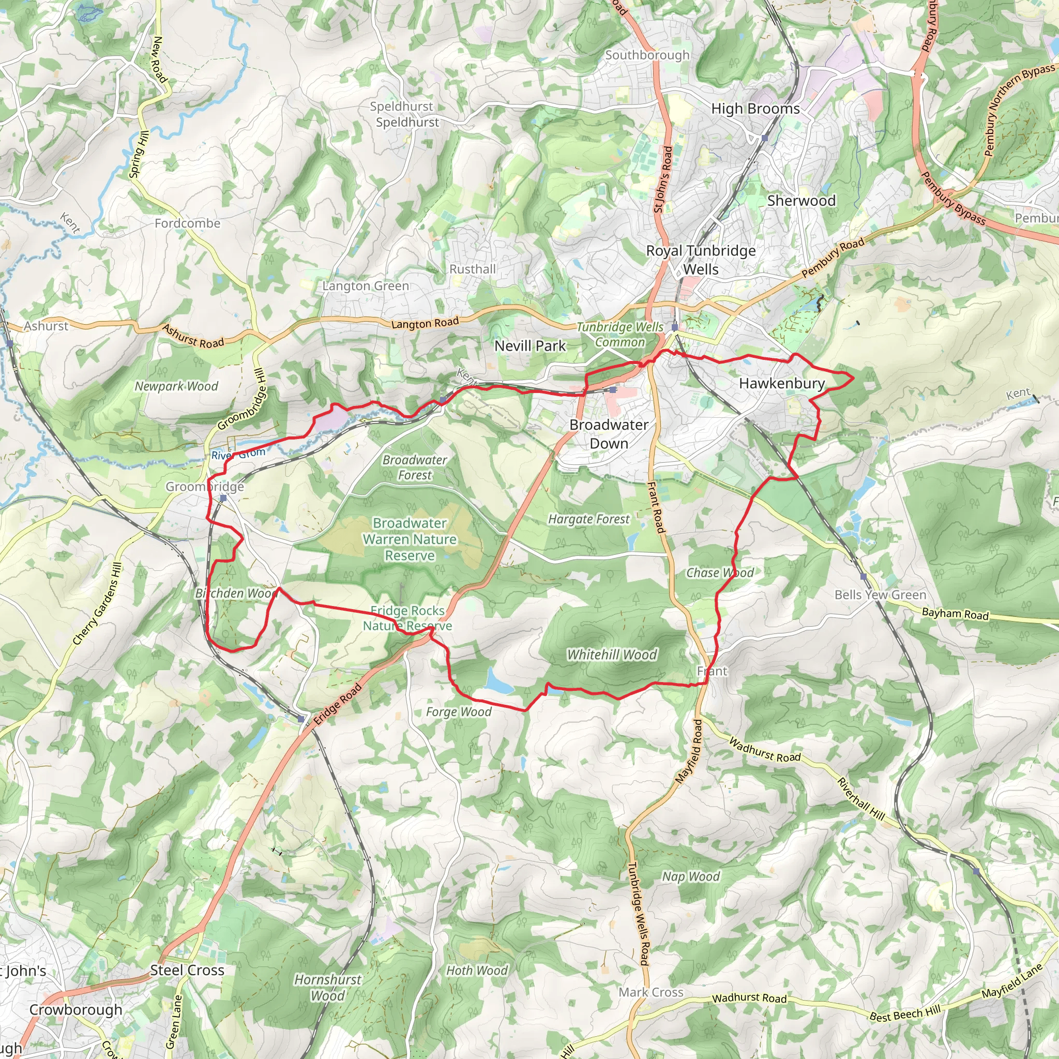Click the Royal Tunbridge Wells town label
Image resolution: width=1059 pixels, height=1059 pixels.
tap(701, 260)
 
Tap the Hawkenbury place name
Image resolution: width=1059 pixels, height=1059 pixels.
tap(782, 383)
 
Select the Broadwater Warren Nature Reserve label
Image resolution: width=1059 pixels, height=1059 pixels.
tap(410, 539)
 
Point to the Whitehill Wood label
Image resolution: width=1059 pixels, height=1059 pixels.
tap(612, 655)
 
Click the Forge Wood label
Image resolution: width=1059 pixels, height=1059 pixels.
tap(459, 712)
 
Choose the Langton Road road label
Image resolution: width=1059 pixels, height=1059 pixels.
tap(425, 323)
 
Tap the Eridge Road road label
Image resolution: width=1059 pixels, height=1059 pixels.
tap(338, 704)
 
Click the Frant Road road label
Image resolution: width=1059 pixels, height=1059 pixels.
tap(656, 508)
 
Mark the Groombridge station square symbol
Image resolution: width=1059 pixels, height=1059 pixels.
tap(223, 498)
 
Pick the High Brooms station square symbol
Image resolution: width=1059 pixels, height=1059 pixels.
tap(765, 138)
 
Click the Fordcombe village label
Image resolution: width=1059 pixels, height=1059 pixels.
tap(188, 223)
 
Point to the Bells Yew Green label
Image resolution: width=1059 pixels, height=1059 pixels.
tap(880, 595)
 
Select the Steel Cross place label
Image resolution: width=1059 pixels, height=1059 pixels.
tap(188, 970)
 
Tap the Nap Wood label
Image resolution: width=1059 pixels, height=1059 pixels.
tap(691, 876)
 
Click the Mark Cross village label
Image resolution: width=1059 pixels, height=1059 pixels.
tap(650, 992)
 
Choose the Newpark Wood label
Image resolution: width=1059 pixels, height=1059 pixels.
tap(176, 386)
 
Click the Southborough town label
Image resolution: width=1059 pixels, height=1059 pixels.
tap(647, 55)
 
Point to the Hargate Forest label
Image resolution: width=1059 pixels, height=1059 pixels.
tap(589, 519)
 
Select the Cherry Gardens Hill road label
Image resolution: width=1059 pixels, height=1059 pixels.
tap(97, 603)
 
